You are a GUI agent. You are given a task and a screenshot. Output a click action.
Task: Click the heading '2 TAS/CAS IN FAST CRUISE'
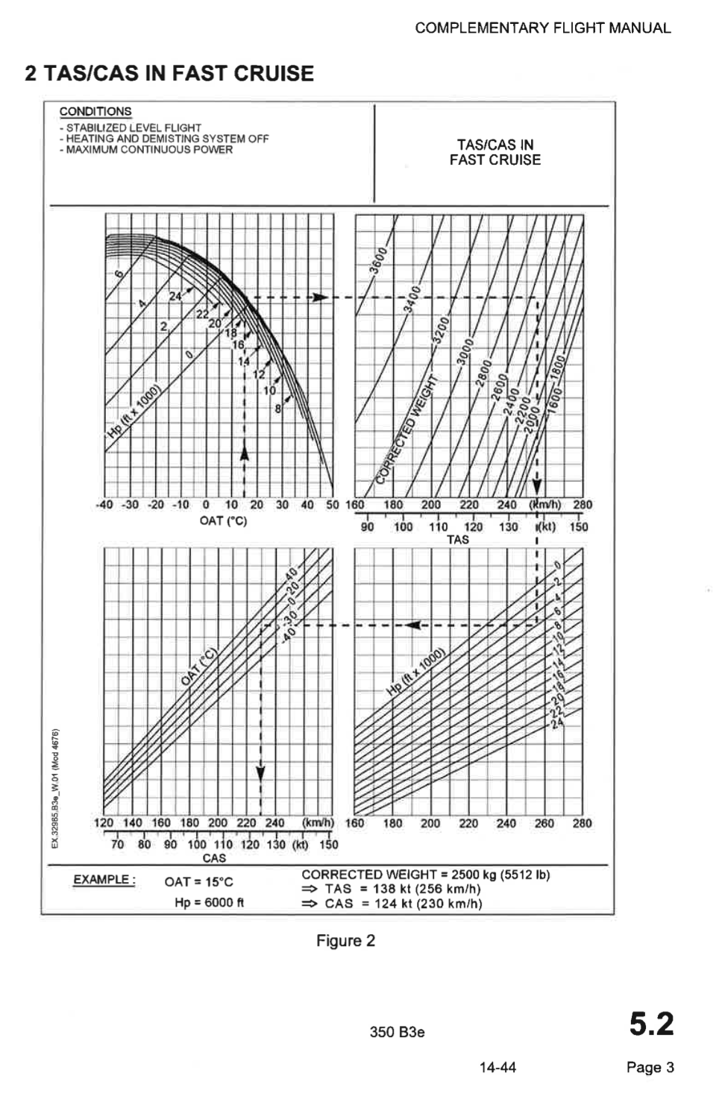(169, 73)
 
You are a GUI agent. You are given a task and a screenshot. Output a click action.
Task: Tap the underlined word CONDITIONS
(95, 111)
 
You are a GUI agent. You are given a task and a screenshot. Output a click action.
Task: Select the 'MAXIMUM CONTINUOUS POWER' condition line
(149, 149)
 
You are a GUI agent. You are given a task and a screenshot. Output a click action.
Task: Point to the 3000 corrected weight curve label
(466, 352)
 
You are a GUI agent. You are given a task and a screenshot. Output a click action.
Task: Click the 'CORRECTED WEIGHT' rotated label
(408, 431)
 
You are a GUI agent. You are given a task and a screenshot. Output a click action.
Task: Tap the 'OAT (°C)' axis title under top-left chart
(223, 520)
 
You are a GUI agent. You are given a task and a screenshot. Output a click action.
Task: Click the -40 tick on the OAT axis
(105, 505)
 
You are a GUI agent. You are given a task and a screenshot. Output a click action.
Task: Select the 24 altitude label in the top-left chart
(175, 296)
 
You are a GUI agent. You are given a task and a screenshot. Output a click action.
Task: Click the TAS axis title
(457, 539)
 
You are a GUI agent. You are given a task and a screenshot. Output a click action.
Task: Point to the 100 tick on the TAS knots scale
(403, 526)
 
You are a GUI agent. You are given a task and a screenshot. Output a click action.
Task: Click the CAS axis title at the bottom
(214, 858)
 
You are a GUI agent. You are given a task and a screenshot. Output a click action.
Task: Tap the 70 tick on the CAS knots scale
(117, 845)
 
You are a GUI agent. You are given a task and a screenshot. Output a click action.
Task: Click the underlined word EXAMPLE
(104, 880)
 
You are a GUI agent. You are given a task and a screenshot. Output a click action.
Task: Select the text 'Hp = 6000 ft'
(210, 902)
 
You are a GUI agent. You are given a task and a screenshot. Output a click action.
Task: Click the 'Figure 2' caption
(345, 940)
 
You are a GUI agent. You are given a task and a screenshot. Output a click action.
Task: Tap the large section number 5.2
(651, 1023)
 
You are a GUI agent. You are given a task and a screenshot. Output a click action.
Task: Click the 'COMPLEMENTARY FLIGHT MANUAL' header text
(542, 28)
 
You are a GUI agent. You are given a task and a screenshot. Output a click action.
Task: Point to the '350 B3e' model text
(397, 1032)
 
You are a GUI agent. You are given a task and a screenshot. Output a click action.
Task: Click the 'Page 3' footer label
(650, 1067)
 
